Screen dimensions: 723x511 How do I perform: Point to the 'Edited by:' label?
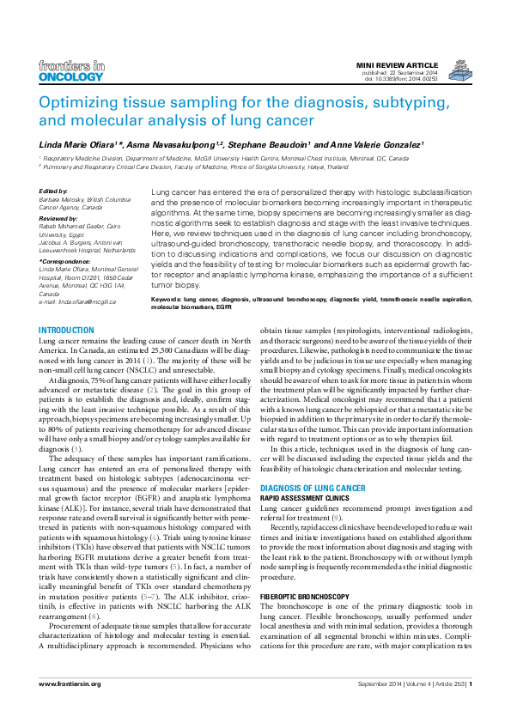pos(53,191)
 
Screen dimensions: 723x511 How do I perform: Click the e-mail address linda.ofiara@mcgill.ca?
pos(85,302)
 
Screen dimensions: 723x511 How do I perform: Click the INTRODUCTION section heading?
pos(67,331)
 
